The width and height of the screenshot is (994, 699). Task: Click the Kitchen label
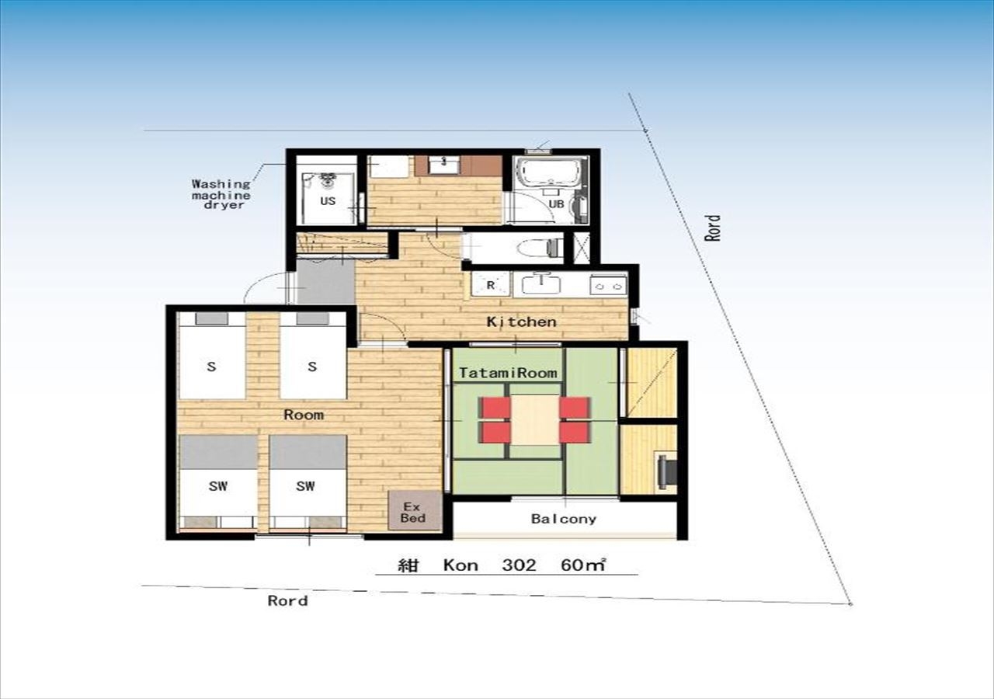521,322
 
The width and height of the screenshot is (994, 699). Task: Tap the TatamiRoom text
508,373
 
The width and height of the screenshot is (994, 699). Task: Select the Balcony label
564,519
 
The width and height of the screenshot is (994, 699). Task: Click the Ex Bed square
415,510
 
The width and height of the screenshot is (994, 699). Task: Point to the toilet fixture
538,248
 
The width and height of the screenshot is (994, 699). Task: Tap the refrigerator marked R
491,285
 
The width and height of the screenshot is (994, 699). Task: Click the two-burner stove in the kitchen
608,286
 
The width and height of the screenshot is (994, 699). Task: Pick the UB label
557,203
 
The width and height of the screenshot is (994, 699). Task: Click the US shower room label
328,201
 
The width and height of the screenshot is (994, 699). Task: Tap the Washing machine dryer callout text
221,194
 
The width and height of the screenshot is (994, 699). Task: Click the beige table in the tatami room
535,420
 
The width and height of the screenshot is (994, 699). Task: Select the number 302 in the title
520,565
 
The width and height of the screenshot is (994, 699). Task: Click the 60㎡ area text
583,565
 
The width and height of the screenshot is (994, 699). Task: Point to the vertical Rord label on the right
713,228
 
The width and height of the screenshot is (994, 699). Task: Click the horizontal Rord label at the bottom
287,601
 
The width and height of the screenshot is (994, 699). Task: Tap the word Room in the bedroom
304,415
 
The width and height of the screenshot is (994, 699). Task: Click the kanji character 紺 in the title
408,565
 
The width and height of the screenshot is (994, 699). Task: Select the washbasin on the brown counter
443,165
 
